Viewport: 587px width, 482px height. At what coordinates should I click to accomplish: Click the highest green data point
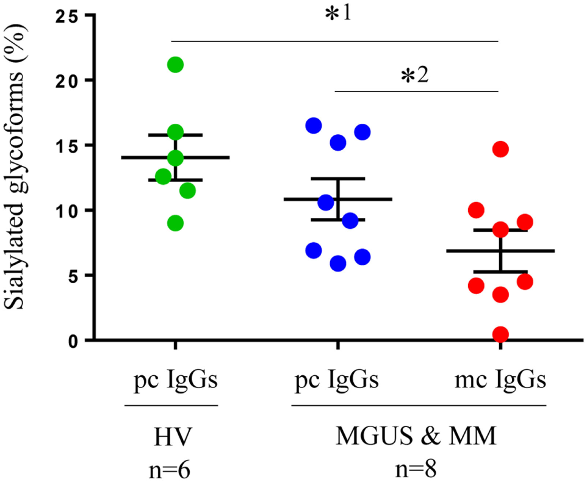coord(175,64)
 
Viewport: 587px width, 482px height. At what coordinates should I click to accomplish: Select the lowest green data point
coord(175,223)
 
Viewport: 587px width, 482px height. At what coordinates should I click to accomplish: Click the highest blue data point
coord(314,125)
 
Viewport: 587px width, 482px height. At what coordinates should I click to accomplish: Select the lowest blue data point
coord(338,263)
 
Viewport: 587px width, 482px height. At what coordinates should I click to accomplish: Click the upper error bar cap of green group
coord(175,134)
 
